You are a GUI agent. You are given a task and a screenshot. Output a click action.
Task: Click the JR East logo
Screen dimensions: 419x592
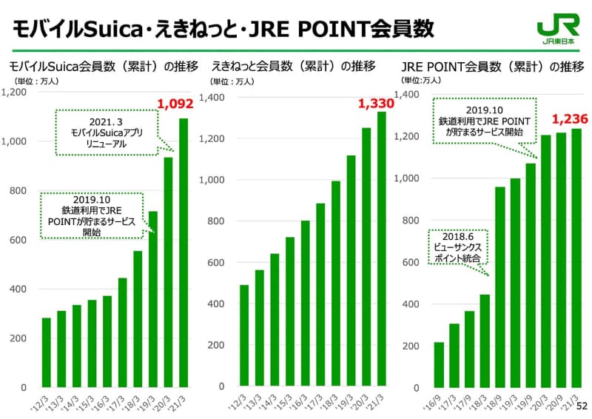click(556, 30)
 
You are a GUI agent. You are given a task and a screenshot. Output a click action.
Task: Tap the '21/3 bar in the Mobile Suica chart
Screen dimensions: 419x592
click(183, 252)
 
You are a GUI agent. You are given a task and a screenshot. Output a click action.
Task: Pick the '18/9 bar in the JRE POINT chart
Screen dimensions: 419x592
click(499, 286)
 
